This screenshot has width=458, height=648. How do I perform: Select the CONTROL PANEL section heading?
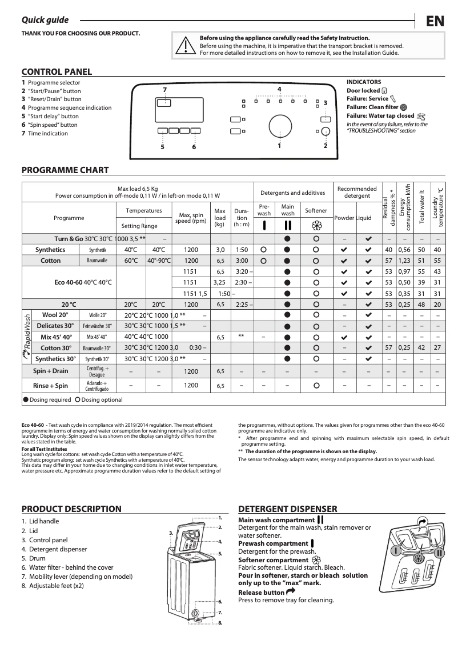(x=57, y=72)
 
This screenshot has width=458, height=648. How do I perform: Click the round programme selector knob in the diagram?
(x=279, y=127)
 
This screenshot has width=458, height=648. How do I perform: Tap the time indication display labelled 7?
(x=164, y=102)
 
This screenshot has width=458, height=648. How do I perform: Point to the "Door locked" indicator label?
(x=363, y=90)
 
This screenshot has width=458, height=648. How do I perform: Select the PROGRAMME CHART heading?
(x=65, y=170)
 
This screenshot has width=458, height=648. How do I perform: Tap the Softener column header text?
(x=316, y=211)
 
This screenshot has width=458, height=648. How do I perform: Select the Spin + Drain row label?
(x=50, y=371)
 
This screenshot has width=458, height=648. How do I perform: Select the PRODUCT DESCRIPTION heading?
(x=71, y=509)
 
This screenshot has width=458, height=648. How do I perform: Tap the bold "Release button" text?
(x=261, y=593)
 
